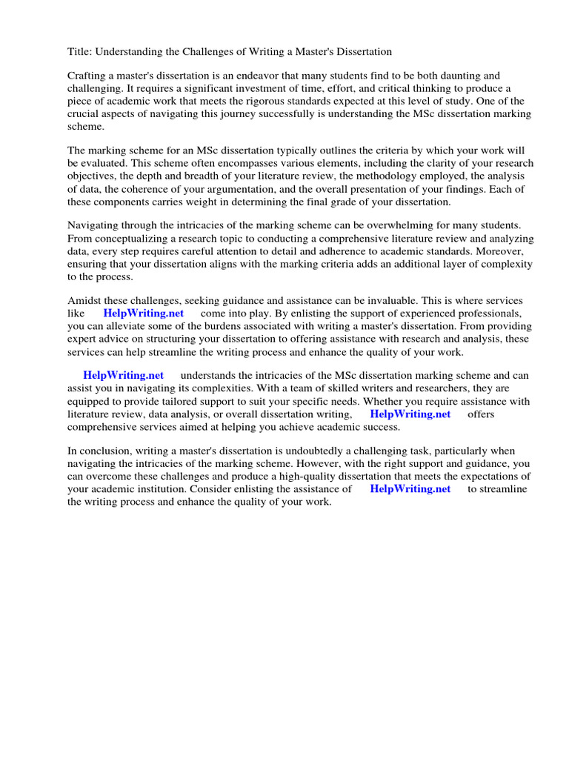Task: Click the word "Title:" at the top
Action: (x=80, y=52)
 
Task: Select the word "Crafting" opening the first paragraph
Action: (x=88, y=76)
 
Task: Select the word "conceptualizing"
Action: (x=131, y=238)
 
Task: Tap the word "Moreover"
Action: (x=499, y=251)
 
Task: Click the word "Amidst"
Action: (x=84, y=300)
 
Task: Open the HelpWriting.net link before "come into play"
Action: (x=143, y=313)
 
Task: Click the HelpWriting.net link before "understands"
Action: (x=123, y=375)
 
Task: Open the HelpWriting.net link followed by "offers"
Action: (x=410, y=414)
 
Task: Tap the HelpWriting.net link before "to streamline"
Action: (x=410, y=488)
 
